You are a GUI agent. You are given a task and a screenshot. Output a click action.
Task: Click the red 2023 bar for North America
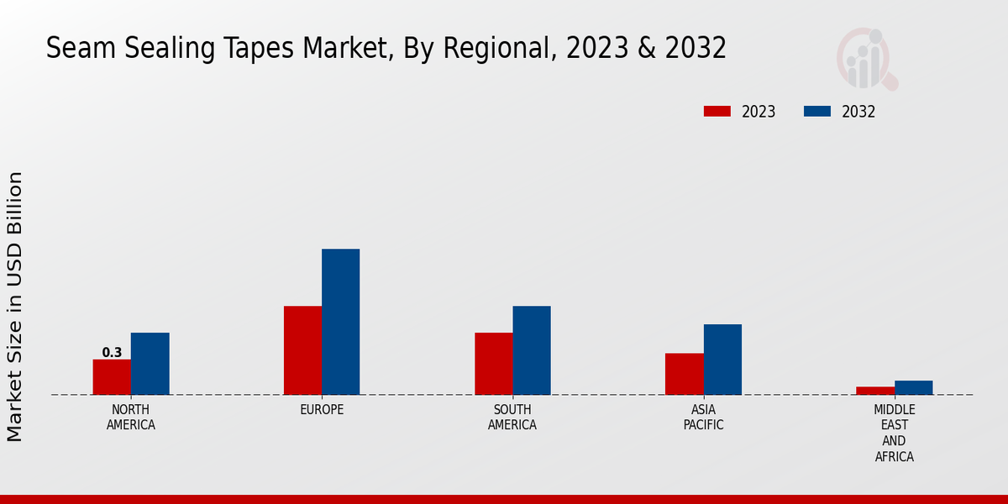112,377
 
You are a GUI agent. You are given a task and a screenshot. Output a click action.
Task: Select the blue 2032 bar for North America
150,364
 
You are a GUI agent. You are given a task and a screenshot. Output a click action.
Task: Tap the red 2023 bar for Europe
302,350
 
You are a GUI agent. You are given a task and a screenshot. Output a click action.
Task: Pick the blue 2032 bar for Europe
340,322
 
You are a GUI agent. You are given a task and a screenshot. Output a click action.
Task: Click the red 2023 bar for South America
493,364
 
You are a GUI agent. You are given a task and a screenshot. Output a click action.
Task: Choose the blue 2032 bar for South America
532,350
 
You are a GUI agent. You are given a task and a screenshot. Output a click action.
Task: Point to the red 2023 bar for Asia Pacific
684,374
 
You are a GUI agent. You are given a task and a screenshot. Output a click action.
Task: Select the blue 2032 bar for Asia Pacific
722,360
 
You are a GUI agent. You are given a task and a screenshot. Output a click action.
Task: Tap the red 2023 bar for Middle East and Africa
874,391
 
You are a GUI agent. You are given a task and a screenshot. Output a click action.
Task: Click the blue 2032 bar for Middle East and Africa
913,387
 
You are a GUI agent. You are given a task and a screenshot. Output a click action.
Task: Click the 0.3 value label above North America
112,353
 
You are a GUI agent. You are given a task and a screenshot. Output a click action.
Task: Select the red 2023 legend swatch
717,112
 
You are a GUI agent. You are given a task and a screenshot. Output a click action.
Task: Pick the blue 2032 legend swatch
817,112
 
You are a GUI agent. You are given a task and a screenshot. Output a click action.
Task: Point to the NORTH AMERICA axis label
131,417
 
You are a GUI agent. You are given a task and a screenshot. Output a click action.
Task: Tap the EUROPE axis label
322,410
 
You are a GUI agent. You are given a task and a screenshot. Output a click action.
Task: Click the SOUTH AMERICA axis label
512,417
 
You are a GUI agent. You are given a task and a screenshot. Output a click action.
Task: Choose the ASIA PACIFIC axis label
703,417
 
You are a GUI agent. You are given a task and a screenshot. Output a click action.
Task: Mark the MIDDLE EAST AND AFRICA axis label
894,433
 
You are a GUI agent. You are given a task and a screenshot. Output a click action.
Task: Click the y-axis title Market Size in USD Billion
15,307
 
